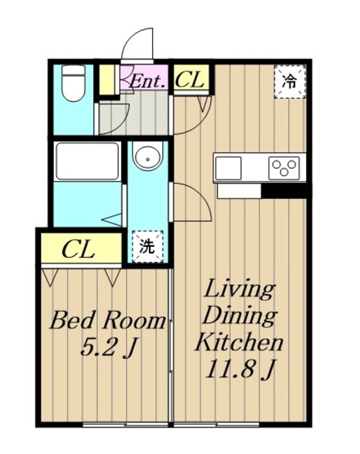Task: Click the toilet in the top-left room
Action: click(74, 84)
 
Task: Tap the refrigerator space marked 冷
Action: click(290, 82)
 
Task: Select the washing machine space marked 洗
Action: click(147, 247)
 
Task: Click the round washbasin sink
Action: click(148, 159)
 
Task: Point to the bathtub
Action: click(87, 161)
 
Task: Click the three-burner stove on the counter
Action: click(284, 167)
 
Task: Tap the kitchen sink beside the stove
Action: click(228, 168)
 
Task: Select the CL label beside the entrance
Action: click(190, 79)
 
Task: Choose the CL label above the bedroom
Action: click(79, 249)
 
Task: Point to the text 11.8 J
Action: click(240, 370)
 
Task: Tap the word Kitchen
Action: click(239, 343)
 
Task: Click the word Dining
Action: click(240, 317)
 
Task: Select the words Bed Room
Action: click(108, 320)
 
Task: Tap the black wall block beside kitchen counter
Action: click(285, 191)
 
